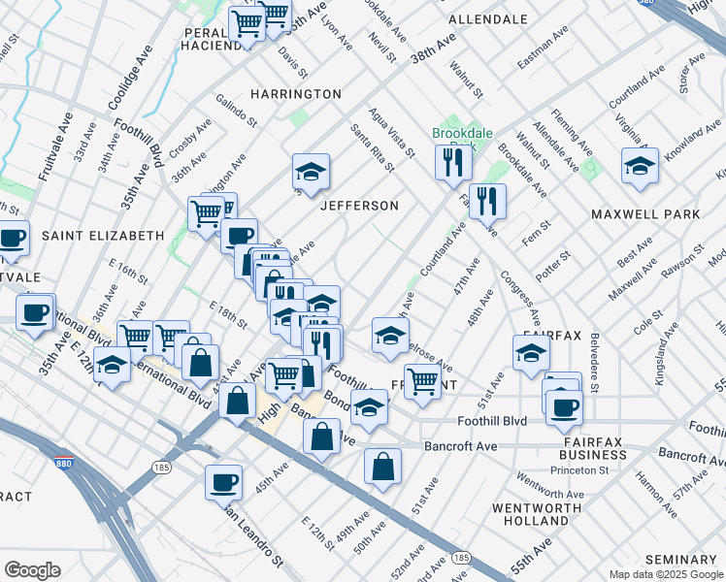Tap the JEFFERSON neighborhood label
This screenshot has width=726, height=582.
[360, 206]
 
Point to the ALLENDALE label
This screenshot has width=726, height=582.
[487, 19]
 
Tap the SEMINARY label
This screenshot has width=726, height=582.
[680, 560]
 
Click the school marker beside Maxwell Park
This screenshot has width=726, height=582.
[641, 167]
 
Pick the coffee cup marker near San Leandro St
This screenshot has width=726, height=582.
[223, 481]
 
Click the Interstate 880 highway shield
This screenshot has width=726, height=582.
[64, 462]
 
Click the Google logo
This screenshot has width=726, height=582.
[32, 569]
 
